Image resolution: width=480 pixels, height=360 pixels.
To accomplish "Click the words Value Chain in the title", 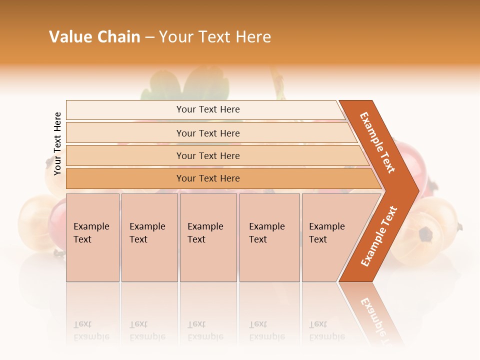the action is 94,37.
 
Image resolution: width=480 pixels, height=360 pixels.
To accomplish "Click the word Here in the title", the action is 253,37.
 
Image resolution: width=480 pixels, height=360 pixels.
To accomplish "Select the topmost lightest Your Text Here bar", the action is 207,109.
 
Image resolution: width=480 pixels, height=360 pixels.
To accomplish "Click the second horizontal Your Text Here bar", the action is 207,133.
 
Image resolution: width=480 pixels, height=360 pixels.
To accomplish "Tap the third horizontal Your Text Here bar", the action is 207,155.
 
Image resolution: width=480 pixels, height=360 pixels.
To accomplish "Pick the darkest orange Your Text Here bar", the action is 207,178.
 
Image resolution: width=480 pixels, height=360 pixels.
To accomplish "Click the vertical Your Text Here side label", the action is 57,143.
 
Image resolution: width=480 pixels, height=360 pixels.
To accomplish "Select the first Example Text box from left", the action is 92,237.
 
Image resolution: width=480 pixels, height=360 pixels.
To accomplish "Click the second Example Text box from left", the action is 149,237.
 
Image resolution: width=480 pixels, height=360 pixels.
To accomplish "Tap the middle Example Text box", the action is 208,237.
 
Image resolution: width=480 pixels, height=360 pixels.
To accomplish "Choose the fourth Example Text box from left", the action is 269,237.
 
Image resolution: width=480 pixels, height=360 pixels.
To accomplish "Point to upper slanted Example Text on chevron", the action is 377,143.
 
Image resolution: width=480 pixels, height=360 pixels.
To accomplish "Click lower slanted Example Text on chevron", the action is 379,236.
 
